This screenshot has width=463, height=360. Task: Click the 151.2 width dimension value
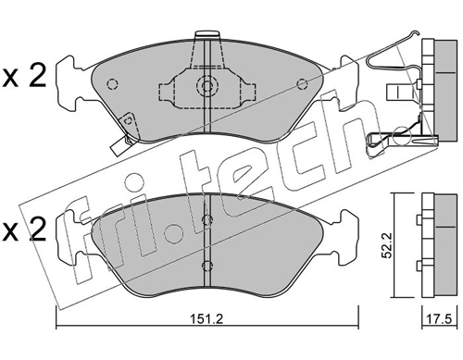tap(206, 318)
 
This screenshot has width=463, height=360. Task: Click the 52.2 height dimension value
tap(386, 245)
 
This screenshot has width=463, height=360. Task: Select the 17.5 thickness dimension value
tap(439, 318)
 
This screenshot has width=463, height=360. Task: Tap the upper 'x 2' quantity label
tap(24, 76)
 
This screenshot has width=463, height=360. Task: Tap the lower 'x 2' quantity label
tap(24, 230)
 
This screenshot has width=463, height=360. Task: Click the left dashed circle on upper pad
tap(112, 84)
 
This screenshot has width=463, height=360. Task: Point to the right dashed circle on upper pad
tap(301, 84)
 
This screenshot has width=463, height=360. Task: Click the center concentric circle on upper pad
tap(207, 84)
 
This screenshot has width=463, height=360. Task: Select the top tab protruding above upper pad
tap(207, 34)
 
